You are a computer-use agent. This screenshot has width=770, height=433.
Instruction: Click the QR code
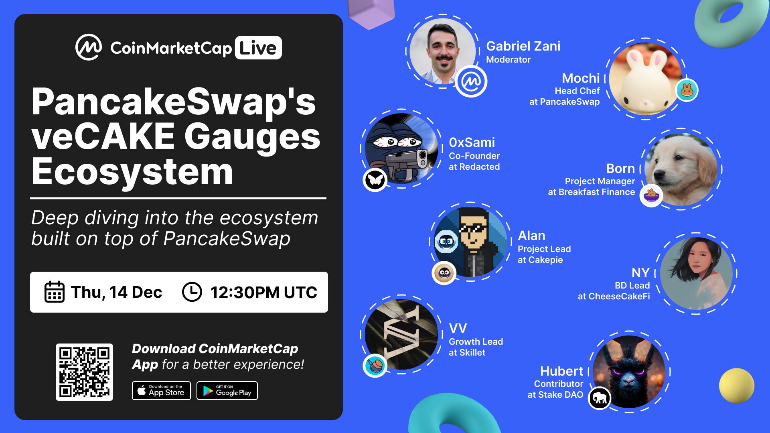point(84,372)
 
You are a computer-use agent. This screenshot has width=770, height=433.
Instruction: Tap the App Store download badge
point(161,390)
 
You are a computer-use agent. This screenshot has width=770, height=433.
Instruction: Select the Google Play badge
point(227,390)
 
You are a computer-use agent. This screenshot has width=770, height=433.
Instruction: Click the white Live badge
point(258,48)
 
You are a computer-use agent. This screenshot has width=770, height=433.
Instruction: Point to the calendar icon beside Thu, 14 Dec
point(54,292)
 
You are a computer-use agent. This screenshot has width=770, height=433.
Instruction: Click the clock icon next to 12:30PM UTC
point(192,292)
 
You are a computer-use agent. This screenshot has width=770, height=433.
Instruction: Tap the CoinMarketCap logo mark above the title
point(89,47)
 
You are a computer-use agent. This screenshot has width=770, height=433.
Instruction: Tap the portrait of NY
point(696,273)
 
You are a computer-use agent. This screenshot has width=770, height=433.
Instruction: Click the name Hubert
point(561,371)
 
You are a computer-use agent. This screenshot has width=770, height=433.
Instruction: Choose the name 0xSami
point(472,142)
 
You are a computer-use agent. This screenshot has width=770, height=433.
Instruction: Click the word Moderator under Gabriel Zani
point(508,60)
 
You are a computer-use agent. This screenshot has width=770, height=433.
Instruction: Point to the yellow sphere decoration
point(736,386)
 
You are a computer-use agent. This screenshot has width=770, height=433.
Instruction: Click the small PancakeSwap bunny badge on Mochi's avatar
point(687,90)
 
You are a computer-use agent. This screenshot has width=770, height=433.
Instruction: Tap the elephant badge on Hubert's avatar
point(600,398)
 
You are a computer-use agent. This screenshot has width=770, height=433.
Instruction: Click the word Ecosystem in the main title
point(132,172)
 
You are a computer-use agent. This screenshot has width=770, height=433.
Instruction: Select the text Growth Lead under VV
point(476,342)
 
